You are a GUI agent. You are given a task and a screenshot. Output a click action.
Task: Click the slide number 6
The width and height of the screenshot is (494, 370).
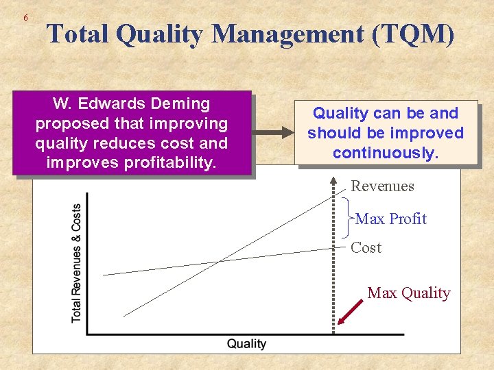pos(25,17)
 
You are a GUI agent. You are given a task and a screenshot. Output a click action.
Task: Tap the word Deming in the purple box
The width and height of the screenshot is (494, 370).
pos(180,104)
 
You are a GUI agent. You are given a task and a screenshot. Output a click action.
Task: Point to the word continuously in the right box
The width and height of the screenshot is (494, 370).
pos(385,153)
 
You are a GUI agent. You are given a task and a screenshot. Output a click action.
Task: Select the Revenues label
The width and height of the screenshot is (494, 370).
pos(382,186)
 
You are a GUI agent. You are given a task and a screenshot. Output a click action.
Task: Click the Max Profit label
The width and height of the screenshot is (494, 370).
pos(390,219)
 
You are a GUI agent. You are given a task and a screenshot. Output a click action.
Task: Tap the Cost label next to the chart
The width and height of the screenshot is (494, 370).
pos(366,248)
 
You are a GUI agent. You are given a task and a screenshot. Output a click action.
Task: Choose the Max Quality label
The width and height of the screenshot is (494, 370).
pos(408,293)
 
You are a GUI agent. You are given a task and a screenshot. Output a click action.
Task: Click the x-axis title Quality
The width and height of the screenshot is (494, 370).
pos(246,343)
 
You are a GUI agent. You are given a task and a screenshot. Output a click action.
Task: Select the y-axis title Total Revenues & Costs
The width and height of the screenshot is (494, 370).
pos(76,263)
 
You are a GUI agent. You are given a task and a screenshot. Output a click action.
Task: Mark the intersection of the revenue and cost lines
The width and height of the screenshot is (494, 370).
pos(219,260)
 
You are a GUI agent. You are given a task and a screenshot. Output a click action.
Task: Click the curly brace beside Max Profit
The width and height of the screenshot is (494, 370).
pos(347,218)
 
